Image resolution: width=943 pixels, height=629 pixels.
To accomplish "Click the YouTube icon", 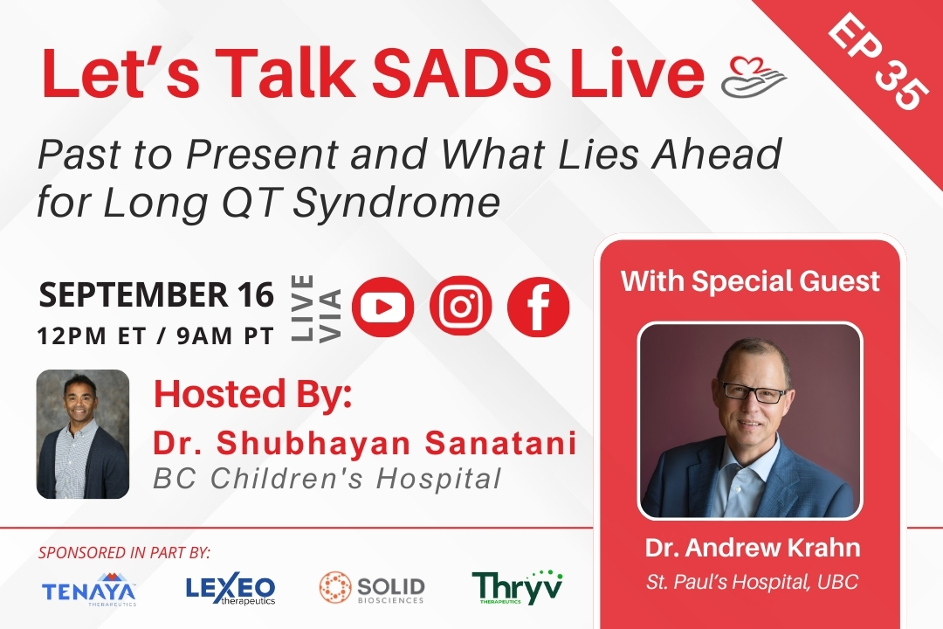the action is point(382,307).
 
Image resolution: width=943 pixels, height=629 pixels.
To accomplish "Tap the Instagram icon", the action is point(460,307).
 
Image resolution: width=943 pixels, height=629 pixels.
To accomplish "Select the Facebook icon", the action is point(538,307).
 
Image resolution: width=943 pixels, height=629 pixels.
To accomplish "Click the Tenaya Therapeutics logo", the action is point(89,590).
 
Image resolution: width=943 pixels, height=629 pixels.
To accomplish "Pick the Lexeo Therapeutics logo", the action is point(231,588).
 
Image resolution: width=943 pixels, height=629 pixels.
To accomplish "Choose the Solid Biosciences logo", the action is point(372,588).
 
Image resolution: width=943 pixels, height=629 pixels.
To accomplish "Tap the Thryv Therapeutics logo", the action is point(517,587).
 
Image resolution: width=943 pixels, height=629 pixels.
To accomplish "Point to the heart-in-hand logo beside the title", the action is point(754,77).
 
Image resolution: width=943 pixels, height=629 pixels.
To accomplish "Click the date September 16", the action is point(156,295).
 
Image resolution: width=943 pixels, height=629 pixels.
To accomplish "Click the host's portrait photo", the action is point(83,434).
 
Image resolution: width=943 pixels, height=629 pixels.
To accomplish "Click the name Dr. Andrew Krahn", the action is point(753,548).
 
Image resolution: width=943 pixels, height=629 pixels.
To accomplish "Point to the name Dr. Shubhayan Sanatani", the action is point(364,443).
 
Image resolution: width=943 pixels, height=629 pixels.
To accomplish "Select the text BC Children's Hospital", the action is point(327,479).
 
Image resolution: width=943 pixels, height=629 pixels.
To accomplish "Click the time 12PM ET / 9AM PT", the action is point(155,335).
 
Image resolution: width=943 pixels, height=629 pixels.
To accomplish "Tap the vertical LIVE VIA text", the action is point(316,308).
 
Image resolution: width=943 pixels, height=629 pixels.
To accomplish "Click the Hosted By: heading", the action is point(252,394).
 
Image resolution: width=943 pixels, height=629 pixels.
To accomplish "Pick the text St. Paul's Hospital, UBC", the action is point(753,582).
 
